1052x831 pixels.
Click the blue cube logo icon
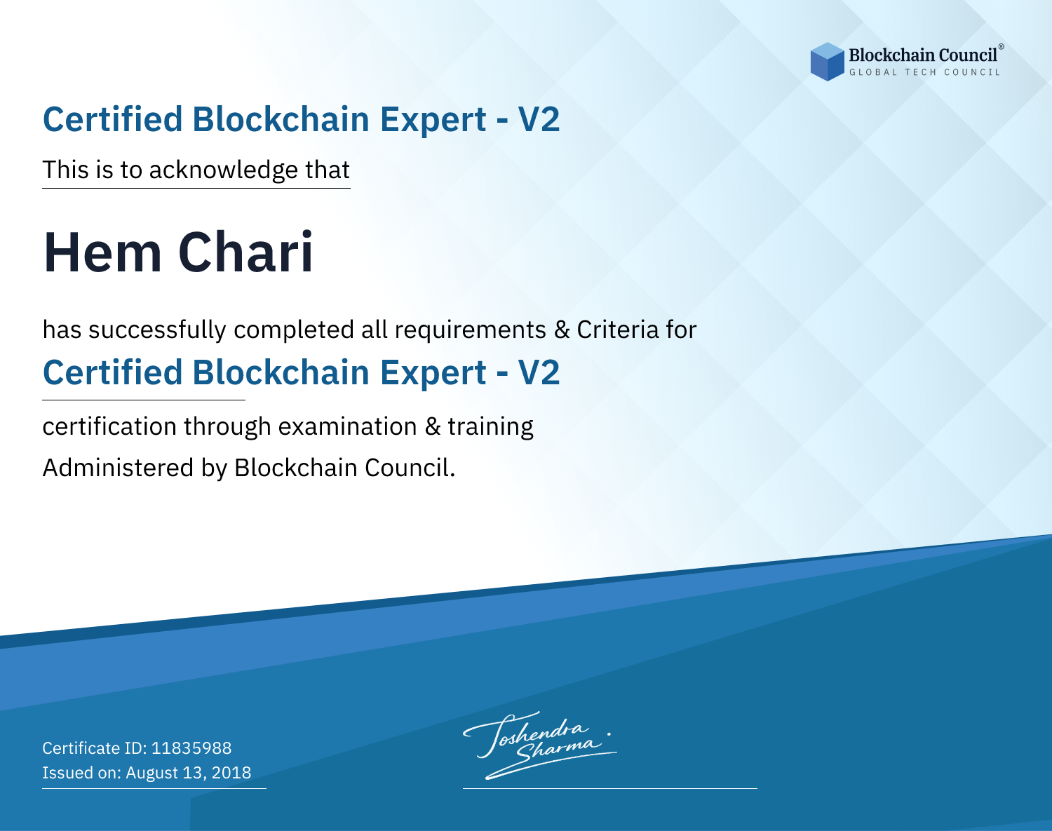point(827,62)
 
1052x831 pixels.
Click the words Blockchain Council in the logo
point(923,55)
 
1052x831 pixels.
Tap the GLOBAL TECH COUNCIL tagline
point(924,72)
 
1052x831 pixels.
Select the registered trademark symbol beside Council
point(1001,47)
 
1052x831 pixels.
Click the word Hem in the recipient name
point(102,252)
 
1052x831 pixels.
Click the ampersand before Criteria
point(562,330)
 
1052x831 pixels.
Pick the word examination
point(347,426)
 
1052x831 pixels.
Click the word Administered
point(119,468)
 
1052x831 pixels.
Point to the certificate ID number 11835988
point(191,748)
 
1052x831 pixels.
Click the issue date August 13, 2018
point(188,773)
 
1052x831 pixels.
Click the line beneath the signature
point(609,788)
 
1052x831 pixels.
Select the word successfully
point(157,330)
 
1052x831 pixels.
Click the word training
point(491,426)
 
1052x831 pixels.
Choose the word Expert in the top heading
point(433,120)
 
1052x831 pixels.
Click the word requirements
point(471,330)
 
